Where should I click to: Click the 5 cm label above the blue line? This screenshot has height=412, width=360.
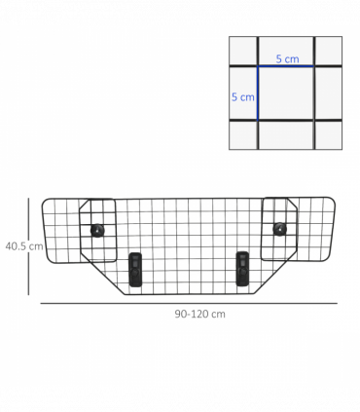pos(287,58)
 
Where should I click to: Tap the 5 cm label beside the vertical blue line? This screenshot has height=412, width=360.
pos(242,96)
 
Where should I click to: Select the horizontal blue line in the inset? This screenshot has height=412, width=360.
pos(286,66)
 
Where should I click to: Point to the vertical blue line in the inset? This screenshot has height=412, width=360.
pos(258,93)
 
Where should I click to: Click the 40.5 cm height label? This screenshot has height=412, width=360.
pos(23,246)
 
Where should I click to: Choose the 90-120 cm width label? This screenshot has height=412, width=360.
pos(199,314)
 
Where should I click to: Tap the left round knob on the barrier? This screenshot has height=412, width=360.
pos(96,230)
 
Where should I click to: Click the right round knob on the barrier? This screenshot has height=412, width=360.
pos(280,230)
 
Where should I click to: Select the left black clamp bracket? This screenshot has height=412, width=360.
pos(135,268)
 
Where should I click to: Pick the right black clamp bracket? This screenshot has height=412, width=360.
pos(242,268)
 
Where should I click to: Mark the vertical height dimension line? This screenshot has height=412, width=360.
pos(31,245)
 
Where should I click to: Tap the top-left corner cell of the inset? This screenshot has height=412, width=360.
pos(243,51)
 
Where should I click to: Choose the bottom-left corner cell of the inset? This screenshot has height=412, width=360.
pos(243,134)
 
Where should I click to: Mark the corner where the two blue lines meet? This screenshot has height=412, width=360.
pos(258,66)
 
